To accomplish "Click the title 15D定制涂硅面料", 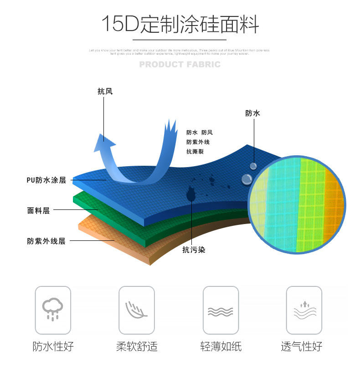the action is tap(180, 24).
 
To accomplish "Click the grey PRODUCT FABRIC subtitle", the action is tap(180, 65).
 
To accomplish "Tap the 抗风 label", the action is tap(105, 91).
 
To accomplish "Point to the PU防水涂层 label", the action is tap(46, 180).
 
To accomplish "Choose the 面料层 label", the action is tap(38, 210).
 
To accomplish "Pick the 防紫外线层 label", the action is tap(46, 241).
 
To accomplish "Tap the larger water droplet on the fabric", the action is tap(247, 179).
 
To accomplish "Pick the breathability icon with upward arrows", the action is tap(304, 310).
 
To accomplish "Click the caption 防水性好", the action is tap(53, 347).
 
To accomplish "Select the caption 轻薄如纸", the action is tap(221, 347).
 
